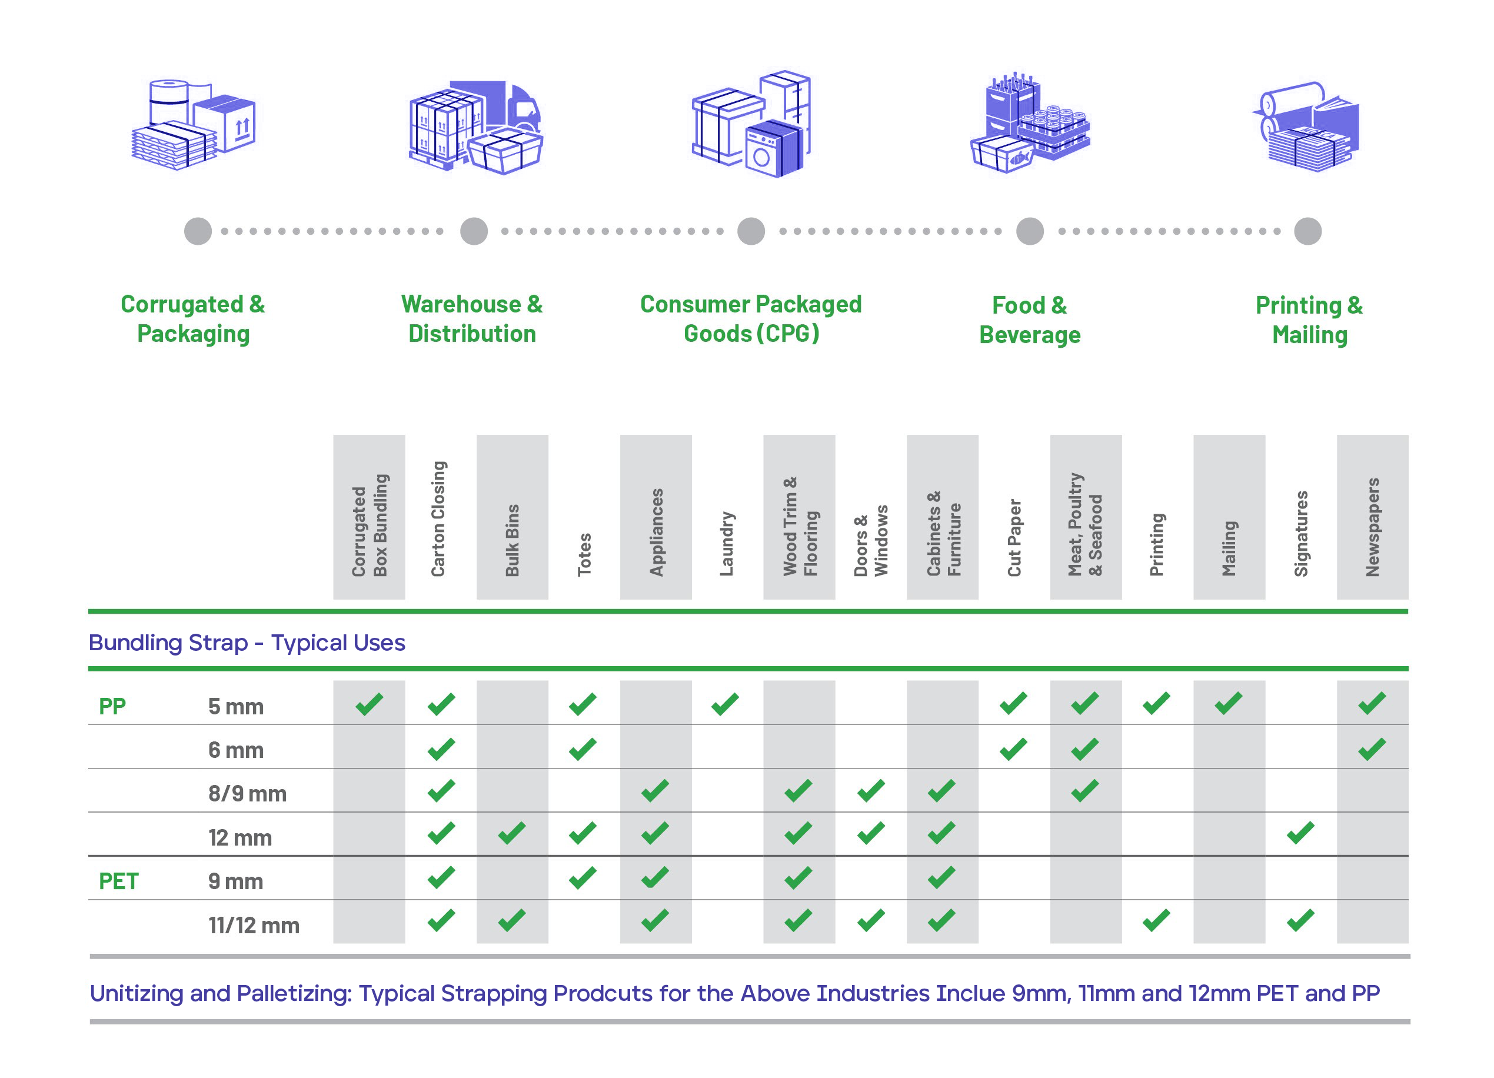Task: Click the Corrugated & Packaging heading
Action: (x=193, y=319)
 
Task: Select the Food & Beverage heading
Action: (x=1030, y=320)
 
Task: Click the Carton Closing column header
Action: (x=439, y=518)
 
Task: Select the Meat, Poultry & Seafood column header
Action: (x=1085, y=524)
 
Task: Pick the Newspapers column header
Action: (x=1372, y=527)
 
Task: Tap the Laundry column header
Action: (x=726, y=544)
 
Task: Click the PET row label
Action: (x=119, y=881)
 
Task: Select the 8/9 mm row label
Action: (x=247, y=793)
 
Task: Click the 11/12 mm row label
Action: (x=254, y=925)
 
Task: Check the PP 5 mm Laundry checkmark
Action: (x=726, y=704)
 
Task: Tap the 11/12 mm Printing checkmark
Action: (x=1157, y=920)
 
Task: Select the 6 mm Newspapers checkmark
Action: (x=1372, y=748)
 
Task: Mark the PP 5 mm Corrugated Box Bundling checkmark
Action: (x=369, y=704)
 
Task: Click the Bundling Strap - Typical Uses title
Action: (x=247, y=643)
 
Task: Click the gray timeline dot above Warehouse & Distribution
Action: (x=474, y=231)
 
